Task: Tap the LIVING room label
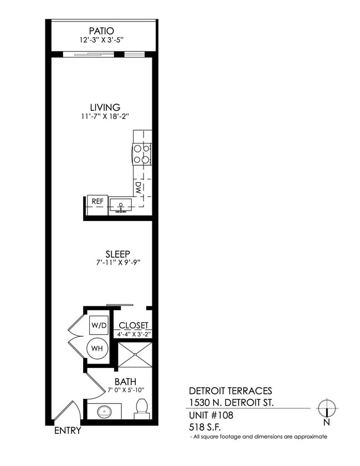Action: point(105,107)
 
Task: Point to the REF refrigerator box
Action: point(97,202)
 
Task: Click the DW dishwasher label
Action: point(138,187)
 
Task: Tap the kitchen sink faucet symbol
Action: point(120,206)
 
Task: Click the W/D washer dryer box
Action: point(100,325)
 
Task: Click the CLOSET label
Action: point(133,325)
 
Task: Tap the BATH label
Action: point(126,382)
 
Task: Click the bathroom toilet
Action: point(141,409)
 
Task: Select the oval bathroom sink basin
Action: point(104,412)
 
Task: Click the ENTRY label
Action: point(68,431)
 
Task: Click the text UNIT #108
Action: point(210,415)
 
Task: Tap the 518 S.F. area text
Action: point(204,427)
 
